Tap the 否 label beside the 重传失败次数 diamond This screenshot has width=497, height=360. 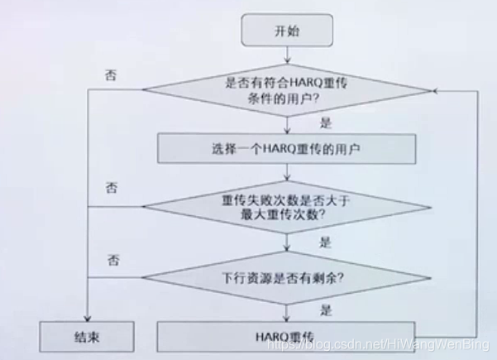pyautogui.click(x=111, y=187)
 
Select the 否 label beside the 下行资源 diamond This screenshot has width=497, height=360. pyautogui.click(x=111, y=260)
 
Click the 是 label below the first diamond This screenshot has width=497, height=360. pyautogui.click(x=325, y=122)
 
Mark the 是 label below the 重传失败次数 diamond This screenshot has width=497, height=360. pyautogui.click(x=325, y=242)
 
